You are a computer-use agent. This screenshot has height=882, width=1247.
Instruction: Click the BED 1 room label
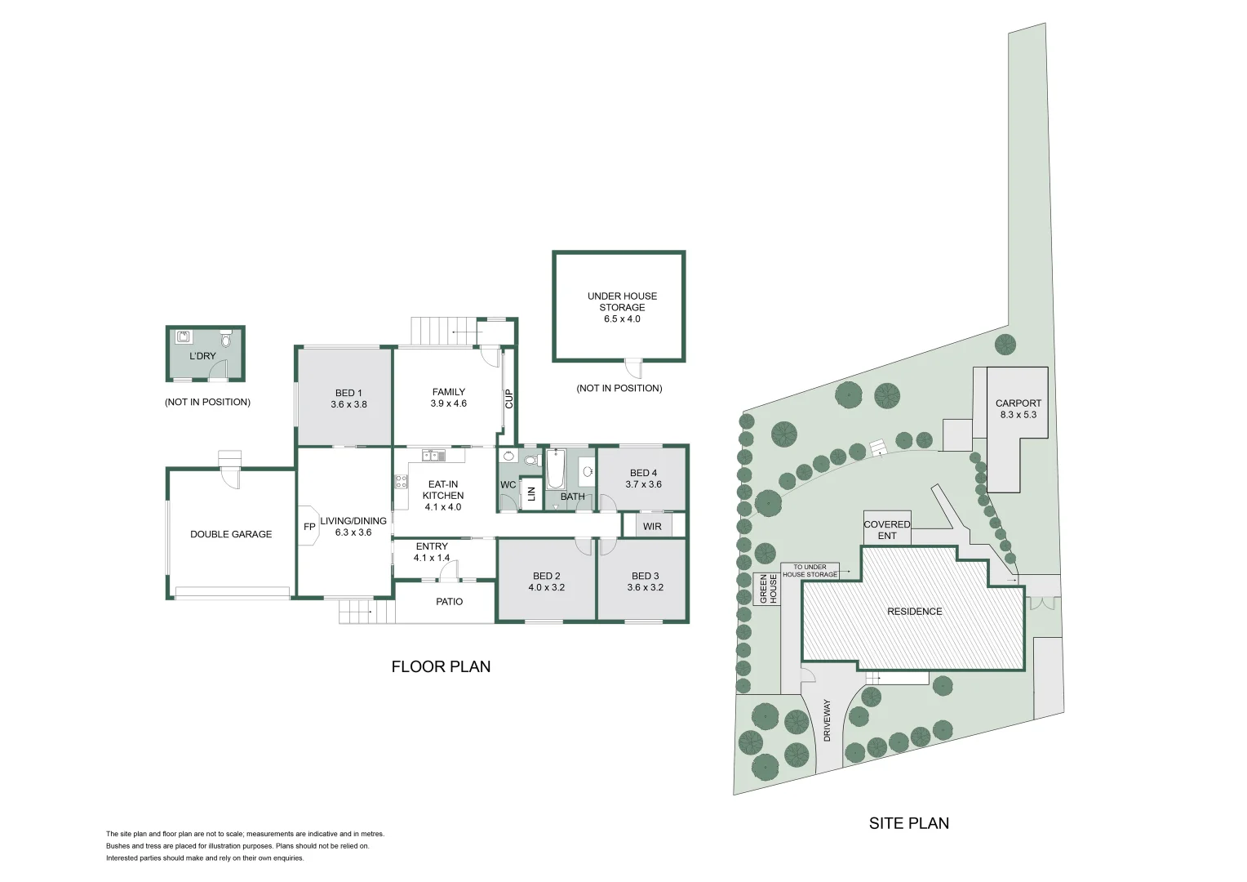[348, 393]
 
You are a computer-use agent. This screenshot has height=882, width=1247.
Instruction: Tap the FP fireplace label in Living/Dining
[309, 528]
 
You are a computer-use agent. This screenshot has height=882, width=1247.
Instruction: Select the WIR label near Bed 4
[652, 527]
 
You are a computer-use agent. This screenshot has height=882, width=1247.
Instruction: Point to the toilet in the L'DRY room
[226, 337]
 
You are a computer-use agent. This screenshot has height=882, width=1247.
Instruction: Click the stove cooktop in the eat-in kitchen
[402, 482]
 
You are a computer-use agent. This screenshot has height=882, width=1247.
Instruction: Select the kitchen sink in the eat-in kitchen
[433, 456]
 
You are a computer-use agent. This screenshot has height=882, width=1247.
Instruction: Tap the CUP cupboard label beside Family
[509, 399]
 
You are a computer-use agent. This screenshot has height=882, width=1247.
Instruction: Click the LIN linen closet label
[531, 494]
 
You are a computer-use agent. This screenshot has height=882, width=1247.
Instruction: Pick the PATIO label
[449, 602]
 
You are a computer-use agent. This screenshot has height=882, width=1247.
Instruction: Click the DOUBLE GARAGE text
[231, 534]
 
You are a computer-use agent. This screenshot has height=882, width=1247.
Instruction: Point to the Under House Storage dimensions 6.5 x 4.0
[622, 319]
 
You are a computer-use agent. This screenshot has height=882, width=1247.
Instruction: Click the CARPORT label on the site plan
[1018, 403]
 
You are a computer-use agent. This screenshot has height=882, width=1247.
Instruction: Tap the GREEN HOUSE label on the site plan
[768, 589]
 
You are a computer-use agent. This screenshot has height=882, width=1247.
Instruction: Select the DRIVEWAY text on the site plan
[827, 719]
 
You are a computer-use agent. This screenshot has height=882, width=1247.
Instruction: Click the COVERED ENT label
[886, 530]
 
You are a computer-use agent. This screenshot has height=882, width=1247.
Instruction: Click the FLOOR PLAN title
[441, 666]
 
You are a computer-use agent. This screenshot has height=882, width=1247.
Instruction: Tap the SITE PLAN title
[908, 823]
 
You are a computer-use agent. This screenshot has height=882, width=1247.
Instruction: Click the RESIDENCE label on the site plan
[914, 612]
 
